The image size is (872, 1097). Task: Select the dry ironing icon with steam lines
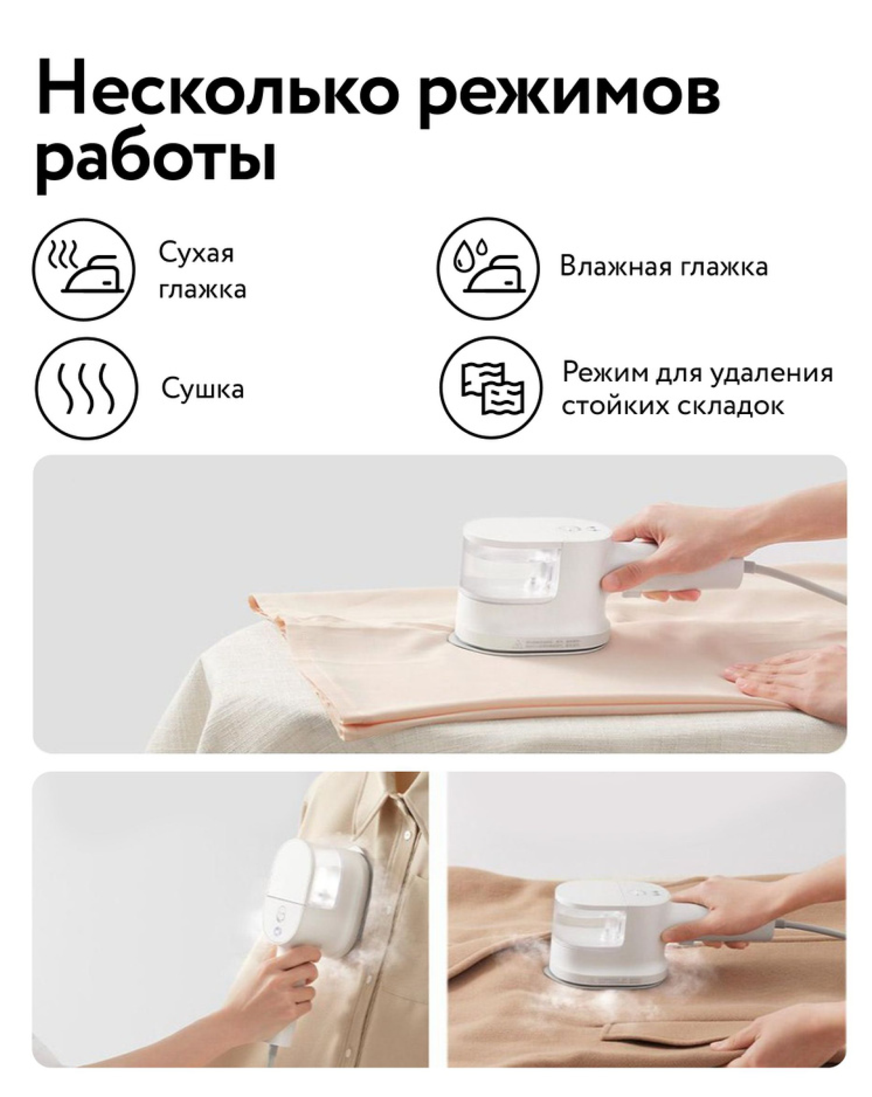pos(83,269)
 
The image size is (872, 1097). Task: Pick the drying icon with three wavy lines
pos(86,388)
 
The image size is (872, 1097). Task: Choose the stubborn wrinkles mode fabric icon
pos(491,388)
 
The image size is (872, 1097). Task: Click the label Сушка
pos(202,389)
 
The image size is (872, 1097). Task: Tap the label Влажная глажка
pos(664,268)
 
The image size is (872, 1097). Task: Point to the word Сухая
pos(196,254)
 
